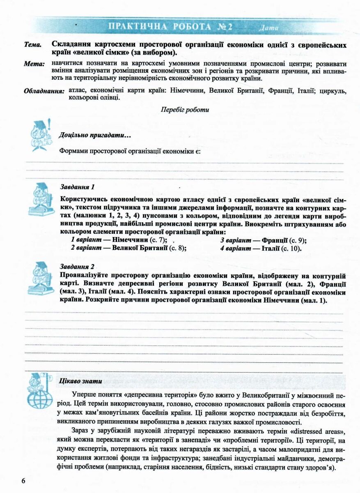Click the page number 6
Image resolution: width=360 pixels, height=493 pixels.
(23, 481)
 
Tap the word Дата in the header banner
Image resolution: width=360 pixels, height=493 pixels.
(269, 28)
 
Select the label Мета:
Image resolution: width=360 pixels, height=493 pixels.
(33, 65)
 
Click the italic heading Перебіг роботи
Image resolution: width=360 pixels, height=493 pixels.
(185, 110)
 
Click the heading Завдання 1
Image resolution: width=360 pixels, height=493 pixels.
(77, 187)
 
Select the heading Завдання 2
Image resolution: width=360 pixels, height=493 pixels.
(77, 266)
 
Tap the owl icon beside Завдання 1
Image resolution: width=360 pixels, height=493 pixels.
(41, 199)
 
